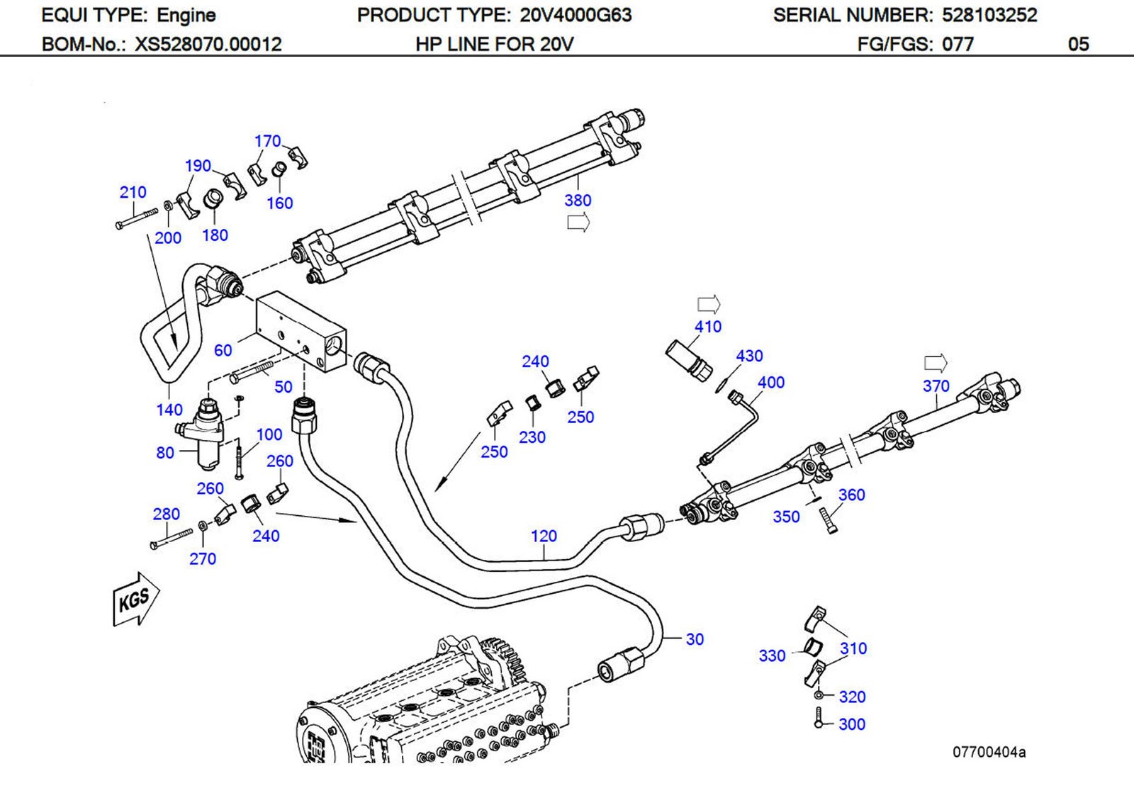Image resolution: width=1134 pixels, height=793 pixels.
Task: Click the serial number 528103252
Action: coord(989,15)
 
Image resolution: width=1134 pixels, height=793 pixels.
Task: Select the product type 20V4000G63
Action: coord(576,15)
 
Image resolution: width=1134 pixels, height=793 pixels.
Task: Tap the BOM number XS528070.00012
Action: coord(208,45)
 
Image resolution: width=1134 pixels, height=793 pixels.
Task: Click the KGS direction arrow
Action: coord(135,600)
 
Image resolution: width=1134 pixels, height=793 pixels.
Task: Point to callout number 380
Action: coord(578,201)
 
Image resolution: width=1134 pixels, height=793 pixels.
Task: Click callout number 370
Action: coord(936,386)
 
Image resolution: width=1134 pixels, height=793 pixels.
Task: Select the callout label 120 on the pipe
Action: coord(544,536)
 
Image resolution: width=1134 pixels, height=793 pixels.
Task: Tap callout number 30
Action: coord(695,639)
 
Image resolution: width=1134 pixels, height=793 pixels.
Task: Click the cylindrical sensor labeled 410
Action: coord(688,359)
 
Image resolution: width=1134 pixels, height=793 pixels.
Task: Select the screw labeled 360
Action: coord(829,522)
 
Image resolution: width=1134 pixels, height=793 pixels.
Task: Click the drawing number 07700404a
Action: coord(989,753)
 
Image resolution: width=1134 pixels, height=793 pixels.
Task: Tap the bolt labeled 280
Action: coord(171,538)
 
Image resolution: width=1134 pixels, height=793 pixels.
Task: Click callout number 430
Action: coord(749,356)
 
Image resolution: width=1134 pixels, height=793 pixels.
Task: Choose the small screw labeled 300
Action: coord(819,717)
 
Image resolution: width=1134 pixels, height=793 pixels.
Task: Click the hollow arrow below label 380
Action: coord(578,224)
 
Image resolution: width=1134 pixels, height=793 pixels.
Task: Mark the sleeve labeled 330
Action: coord(812,646)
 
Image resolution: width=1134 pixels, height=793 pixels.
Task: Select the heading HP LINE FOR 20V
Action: coord(494,45)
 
